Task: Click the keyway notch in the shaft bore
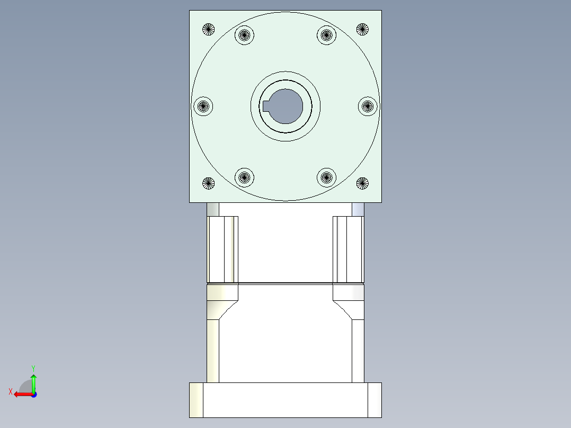(x=266, y=106)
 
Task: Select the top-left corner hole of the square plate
(x=209, y=29)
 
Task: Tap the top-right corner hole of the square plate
(x=362, y=29)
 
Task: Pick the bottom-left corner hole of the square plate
(x=209, y=184)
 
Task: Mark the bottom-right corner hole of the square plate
(x=362, y=184)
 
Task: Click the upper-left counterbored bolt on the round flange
(x=244, y=35)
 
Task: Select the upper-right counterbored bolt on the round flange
(x=327, y=35)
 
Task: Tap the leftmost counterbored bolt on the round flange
(x=203, y=106)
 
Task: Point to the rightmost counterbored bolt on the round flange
(x=368, y=106)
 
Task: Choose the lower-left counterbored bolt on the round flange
(x=244, y=177)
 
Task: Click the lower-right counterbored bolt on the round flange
(x=327, y=177)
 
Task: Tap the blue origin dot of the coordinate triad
(x=33, y=394)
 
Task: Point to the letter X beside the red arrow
(x=11, y=391)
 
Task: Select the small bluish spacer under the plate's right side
(x=358, y=209)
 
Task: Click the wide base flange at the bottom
(x=285, y=400)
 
